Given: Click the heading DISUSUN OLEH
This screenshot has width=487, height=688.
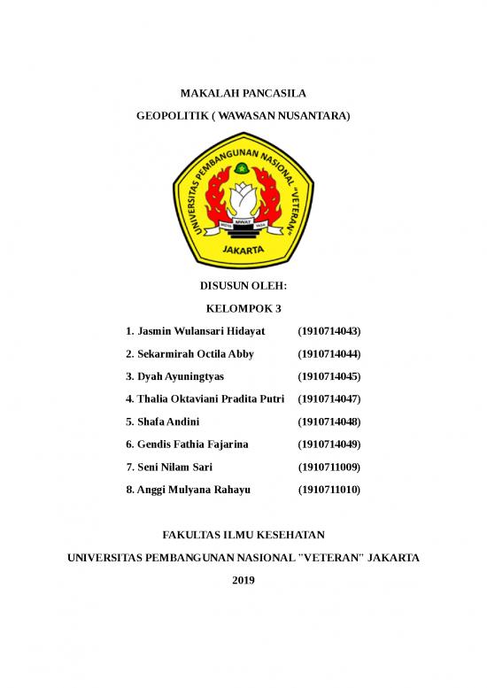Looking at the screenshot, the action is point(243,285).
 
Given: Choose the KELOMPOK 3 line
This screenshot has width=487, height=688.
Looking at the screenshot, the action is point(243,308).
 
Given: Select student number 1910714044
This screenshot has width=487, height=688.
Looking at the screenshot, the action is point(329,353).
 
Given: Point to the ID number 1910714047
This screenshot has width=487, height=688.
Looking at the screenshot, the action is point(329,398).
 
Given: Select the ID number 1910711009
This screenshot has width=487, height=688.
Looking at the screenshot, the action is point(329,466).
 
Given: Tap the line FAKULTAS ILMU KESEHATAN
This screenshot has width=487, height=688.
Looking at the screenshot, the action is point(243,535).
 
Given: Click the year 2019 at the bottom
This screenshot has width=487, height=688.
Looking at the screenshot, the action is point(243,580).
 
